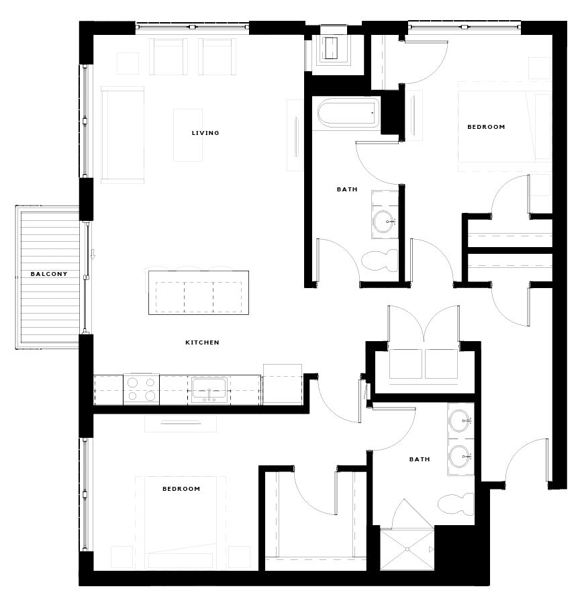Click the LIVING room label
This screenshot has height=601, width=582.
pos(205,133)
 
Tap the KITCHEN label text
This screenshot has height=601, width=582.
pos(202,342)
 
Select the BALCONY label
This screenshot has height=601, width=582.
pos(49,274)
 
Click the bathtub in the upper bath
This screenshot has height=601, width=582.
pos(347,113)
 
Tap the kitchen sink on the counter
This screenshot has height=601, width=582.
pos(208,390)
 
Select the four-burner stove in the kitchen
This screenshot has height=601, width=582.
pos(141,389)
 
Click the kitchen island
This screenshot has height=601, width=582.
pos(199,292)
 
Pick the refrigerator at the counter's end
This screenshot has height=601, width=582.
pos(282,384)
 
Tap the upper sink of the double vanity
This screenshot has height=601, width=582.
pos(460,422)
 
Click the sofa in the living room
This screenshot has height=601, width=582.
pos(122,134)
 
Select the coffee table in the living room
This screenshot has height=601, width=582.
pos(188,134)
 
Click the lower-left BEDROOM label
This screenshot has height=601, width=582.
pos(181,489)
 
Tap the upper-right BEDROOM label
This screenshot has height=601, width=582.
pos(486,127)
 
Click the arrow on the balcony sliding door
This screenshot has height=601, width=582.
pos(93,255)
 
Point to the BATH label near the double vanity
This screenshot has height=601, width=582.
pos(420,459)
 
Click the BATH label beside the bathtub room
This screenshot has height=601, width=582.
pos(347,189)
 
